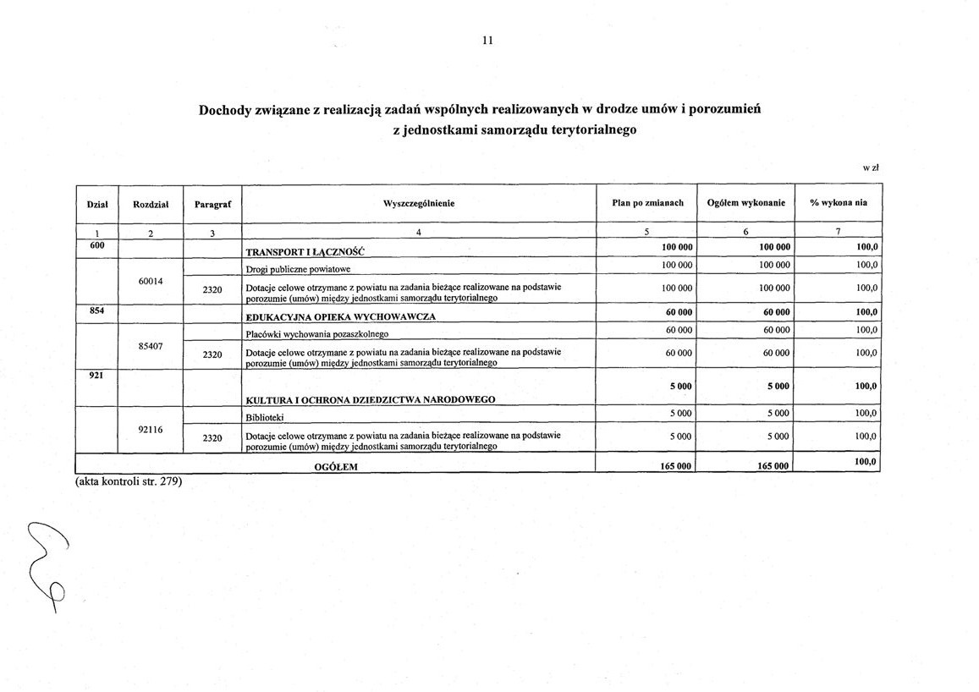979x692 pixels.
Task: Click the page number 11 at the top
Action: click(x=487, y=41)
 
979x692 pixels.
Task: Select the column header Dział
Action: click(x=96, y=204)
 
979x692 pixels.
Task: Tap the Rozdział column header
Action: click(x=151, y=204)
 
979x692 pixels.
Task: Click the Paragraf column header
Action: click(x=212, y=204)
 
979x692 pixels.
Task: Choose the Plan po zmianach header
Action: click(x=647, y=204)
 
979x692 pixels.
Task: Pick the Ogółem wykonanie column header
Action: click(x=745, y=204)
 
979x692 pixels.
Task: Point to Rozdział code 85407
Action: click(x=151, y=345)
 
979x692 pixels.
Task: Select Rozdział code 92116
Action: click(x=151, y=429)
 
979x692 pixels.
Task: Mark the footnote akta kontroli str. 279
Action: click(x=124, y=482)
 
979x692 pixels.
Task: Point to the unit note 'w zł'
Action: click(x=871, y=168)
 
